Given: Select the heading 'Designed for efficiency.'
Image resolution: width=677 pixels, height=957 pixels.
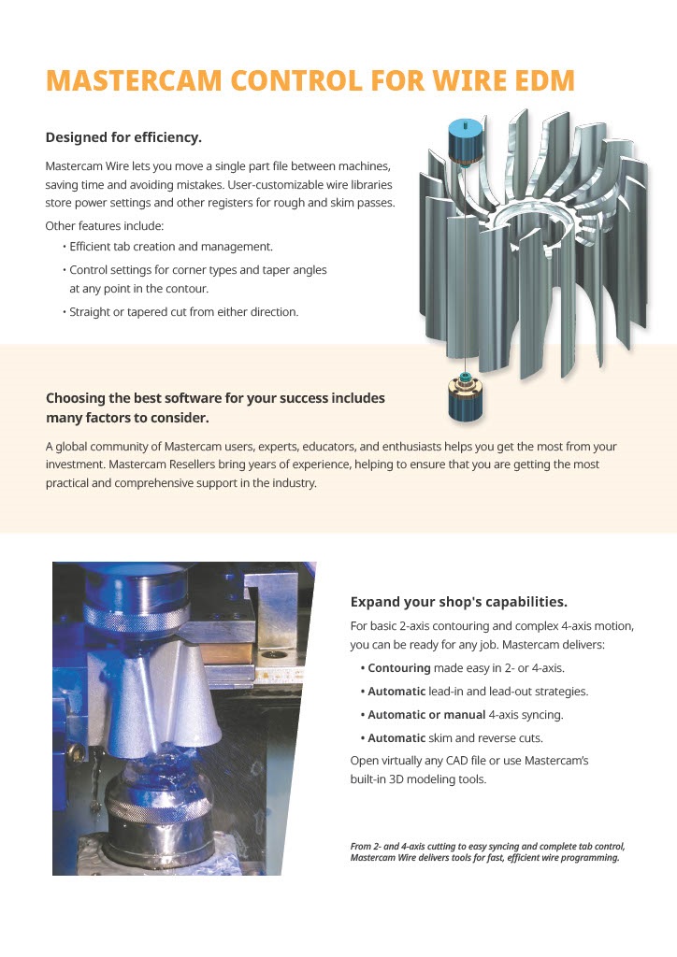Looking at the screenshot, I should (123, 137).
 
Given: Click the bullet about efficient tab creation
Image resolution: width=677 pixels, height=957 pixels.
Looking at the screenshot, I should (170, 247).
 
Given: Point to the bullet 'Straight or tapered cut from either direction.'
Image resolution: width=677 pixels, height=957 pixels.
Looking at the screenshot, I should (183, 312).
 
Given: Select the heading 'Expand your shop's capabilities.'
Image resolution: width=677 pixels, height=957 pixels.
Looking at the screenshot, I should (458, 601).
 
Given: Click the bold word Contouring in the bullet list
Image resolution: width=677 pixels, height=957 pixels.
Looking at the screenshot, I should (399, 668).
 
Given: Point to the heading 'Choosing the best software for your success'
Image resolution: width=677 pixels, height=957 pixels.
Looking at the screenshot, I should (215, 398).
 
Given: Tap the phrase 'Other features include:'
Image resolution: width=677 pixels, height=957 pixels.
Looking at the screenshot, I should (104, 226).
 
